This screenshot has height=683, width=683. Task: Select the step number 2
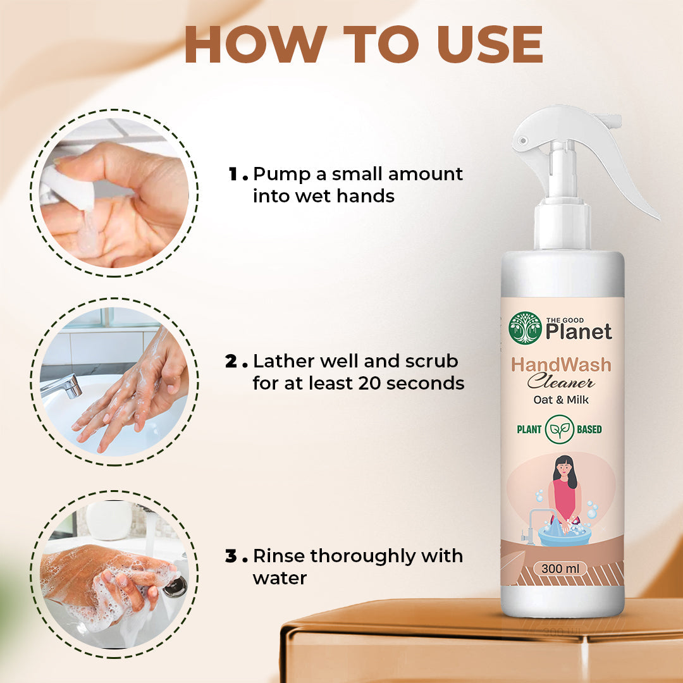(x=231, y=362)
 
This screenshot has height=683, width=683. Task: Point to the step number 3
(x=231, y=557)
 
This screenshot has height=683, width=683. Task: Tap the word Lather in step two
(x=285, y=362)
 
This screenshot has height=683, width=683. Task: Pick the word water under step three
(x=280, y=578)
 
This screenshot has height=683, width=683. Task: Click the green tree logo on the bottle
(x=525, y=328)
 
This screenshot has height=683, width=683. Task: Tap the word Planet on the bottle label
(x=579, y=331)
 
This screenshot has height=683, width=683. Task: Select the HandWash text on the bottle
(x=562, y=365)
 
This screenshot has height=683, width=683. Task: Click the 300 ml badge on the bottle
(x=560, y=568)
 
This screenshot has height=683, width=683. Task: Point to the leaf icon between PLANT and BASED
(x=560, y=429)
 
